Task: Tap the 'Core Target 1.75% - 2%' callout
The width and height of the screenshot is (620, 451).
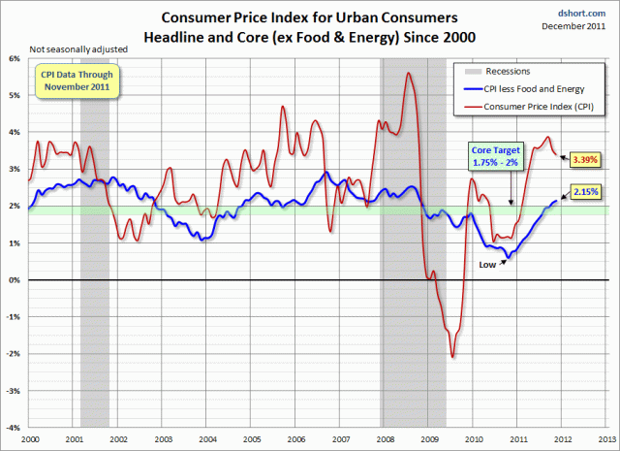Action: [497, 157]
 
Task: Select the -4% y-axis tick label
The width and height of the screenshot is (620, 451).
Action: [15, 428]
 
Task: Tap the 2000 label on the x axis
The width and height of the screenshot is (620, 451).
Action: [29, 438]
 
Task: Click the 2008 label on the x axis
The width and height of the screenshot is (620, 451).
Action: [386, 438]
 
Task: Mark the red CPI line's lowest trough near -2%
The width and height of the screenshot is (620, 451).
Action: [452, 358]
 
